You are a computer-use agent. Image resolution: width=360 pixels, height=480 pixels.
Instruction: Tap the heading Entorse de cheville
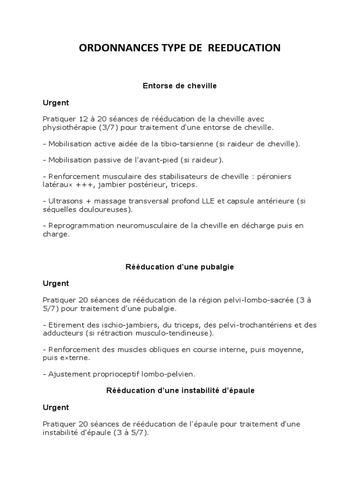click(180, 86)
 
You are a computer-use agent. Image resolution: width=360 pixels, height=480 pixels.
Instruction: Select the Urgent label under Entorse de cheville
click(56, 102)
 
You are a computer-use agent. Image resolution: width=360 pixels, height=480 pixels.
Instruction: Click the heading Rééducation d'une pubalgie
click(180, 267)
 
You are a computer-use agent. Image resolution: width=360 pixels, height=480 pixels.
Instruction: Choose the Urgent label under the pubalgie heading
click(56, 283)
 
